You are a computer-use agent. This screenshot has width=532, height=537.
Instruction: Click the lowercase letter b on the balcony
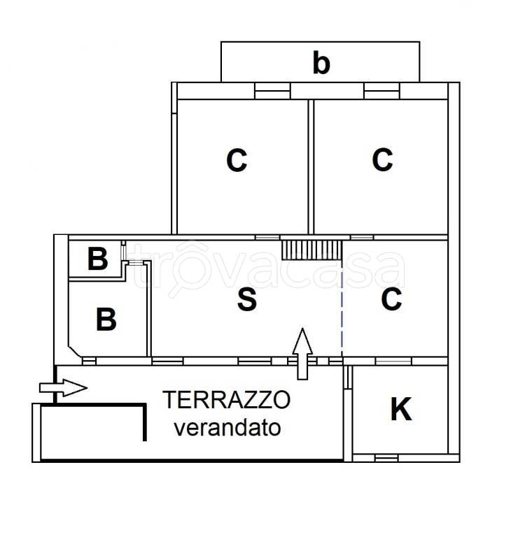[321, 64]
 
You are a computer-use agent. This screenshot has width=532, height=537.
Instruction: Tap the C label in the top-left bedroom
[237, 161]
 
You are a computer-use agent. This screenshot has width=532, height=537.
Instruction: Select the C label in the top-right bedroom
[382, 160]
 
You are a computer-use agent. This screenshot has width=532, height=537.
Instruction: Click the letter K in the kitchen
[400, 410]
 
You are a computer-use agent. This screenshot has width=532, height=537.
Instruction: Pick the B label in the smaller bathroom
[97, 260]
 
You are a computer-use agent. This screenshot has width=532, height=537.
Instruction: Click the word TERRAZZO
[226, 400]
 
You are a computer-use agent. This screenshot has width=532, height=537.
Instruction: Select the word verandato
[227, 427]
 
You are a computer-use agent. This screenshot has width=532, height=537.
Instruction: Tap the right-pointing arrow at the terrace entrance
[64, 387]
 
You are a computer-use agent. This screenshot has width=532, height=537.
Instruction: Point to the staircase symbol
[310, 248]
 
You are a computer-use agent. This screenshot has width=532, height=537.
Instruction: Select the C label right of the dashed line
[391, 299]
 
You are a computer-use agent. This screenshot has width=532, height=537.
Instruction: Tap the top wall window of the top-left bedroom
[272, 91]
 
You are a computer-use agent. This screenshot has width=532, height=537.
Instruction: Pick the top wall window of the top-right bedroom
[381, 91]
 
